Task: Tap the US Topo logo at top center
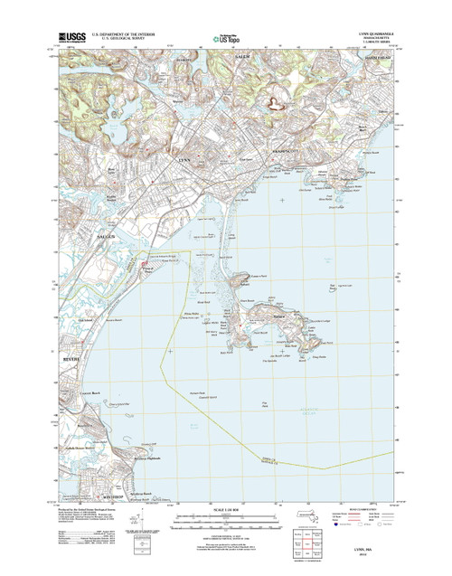tap(225, 38)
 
